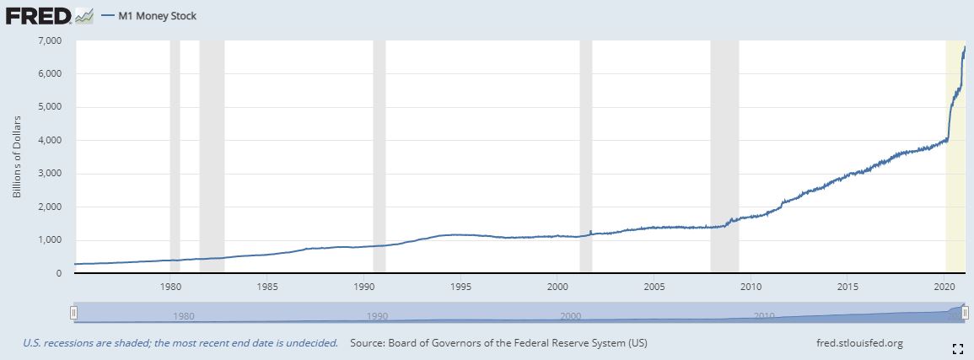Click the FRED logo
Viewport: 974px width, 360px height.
(38, 14)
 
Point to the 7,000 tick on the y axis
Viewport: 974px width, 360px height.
(50, 40)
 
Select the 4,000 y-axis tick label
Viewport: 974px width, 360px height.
(50, 140)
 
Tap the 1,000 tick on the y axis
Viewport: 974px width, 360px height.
(50, 240)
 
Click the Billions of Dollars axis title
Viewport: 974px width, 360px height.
(16, 157)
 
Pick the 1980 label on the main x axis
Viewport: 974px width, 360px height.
(170, 286)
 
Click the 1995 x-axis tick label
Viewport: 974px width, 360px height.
(460, 286)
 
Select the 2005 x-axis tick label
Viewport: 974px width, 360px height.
(654, 286)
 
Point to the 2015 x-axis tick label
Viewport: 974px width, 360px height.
(847, 286)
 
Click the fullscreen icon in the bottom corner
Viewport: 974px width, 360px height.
(957, 347)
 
